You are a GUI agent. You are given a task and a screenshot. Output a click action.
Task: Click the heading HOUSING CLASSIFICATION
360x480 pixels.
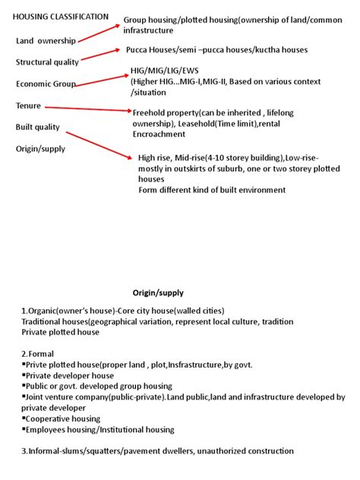click(61, 17)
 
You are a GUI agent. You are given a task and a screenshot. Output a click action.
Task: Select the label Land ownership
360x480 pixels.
click(47, 39)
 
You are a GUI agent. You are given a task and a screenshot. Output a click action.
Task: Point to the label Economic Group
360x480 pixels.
click(46, 84)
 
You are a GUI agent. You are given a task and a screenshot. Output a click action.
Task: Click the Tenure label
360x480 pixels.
click(29, 106)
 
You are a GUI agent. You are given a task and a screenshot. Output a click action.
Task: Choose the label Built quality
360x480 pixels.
click(38, 127)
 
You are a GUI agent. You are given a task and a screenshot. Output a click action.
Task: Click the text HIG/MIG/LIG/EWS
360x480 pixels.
click(163, 71)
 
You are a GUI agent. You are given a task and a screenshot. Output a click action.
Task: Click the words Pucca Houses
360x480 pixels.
click(159, 50)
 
